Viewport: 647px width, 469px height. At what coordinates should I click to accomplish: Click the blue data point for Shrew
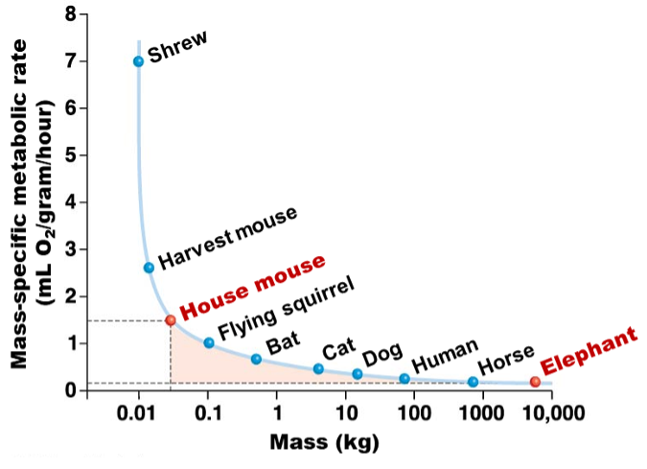pyautogui.click(x=138, y=61)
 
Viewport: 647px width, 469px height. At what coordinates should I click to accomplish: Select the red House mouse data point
pyautogui.click(x=170, y=320)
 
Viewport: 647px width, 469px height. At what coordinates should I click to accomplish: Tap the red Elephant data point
pyautogui.click(x=535, y=382)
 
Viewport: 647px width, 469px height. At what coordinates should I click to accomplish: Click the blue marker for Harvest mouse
pyautogui.click(x=149, y=268)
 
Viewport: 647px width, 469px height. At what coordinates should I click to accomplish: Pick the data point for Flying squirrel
pyautogui.click(x=209, y=342)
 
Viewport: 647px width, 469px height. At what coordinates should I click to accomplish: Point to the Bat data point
pyautogui.click(x=256, y=359)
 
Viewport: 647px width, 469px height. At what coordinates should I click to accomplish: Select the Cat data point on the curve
pyautogui.click(x=318, y=368)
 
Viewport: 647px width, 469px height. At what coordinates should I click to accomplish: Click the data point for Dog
pyautogui.click(x=358, y=374)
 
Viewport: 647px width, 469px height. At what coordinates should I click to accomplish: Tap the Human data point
pyautogui.click(x=404, y=378)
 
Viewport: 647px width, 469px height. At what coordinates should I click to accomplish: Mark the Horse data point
pyautogui.click(x=473, y=382)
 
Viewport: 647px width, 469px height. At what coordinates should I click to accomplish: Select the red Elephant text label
pyautogui.click(x=588, y=353)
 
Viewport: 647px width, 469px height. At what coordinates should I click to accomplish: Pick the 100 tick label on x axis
pyautogui.click(x=413, y=414)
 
